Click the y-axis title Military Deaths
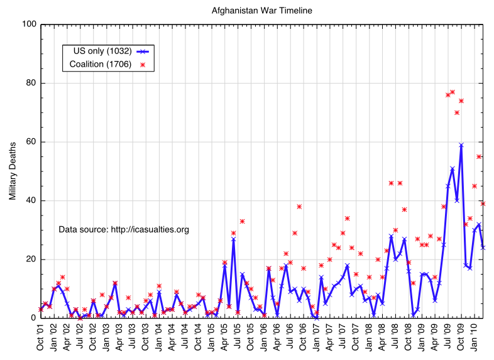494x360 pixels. [x=12, y=171]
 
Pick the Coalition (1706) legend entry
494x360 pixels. [x=101, y=64]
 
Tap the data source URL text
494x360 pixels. [x=124, y=229]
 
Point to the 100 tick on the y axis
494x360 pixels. [x=28, y=25]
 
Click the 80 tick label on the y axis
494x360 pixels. [x=30, y=83]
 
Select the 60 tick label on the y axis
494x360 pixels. [x=30, y=142]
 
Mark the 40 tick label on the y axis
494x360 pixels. [x=30, y=200]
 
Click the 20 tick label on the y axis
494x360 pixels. [x=30, y=259]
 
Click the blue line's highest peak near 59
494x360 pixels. [x=461, y=145]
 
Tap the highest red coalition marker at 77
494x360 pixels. [x=453, y=92]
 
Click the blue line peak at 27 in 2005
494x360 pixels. [x=233, y=239]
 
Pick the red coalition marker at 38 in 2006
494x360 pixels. [x=299, y=206]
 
